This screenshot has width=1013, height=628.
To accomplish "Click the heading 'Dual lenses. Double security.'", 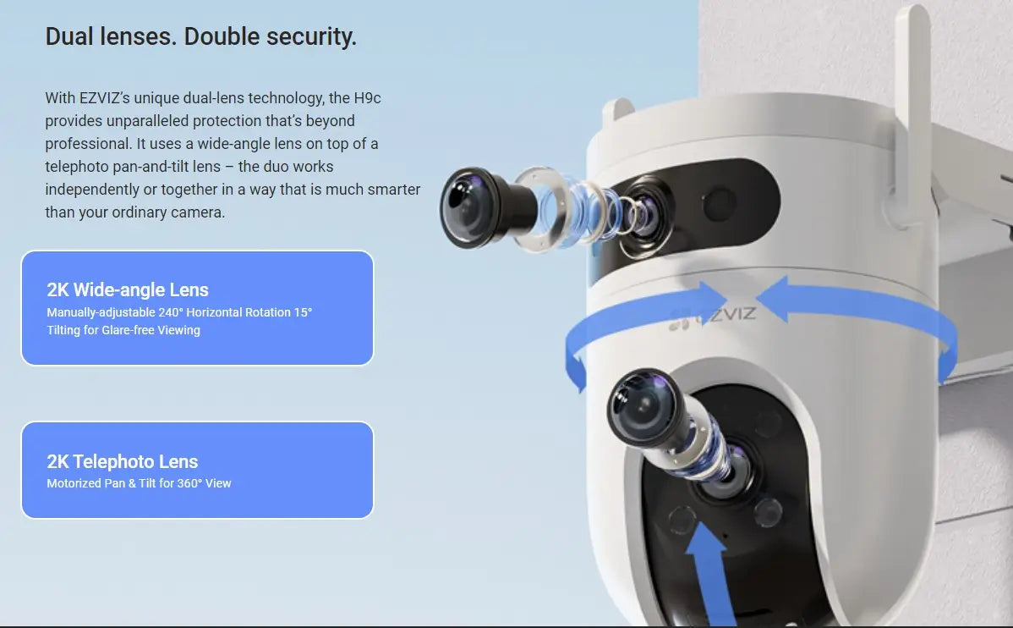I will [200, 37].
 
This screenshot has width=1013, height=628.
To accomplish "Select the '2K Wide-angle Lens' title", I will [128, 289].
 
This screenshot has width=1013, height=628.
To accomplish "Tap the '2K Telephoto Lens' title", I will [123, 461].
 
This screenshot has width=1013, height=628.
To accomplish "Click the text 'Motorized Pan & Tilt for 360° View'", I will [139, 483].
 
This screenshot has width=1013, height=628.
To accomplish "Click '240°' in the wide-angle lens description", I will [170, 312].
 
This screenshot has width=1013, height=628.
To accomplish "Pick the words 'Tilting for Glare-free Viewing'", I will [123, 330].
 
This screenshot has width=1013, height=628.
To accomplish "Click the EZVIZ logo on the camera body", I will [713, 315].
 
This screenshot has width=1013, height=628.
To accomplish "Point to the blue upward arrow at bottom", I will [705, 567].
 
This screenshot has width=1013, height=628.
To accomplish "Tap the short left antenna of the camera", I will [618, 114].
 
